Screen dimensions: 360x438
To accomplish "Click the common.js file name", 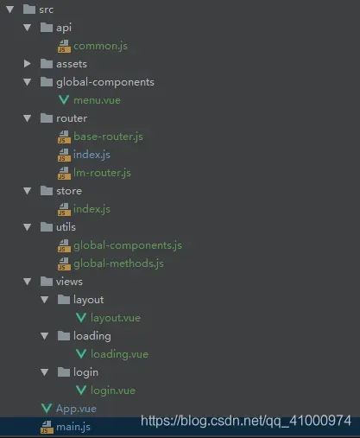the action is click(x=100, y=46).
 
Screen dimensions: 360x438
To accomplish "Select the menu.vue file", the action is click(x=97, y=100).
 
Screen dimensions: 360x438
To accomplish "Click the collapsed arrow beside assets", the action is click(x=28, y=64).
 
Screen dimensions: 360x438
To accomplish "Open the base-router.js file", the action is click(x=108, y=136).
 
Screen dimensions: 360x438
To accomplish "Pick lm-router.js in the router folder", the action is click(x=102, y=173).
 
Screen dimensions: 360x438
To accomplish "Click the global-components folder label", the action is click(x=105, y=82).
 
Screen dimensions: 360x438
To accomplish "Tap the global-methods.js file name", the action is click(x=118, y=263).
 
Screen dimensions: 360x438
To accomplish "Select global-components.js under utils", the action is click(x=128, y=245).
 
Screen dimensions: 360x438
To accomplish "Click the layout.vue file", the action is click(x=116, y=318).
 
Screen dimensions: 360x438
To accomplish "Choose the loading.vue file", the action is click(x=119, y=354).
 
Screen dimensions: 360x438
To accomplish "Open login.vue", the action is click(x=113, y=390).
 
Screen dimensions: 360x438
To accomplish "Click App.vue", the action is click(x=76, y=409).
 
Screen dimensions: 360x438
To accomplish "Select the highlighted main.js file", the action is click(x=73, y=427).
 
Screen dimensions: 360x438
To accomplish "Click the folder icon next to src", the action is click(x=29, y=10).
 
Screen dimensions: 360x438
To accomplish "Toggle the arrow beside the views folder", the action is click(x=28, y=282).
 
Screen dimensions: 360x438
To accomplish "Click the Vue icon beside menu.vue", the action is click(x=64, y=100).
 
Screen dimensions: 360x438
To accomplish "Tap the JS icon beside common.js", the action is click(x=64, y=46).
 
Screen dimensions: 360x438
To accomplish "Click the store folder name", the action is click(x=69, y=191).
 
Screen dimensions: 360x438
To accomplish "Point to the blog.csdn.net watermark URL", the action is click(x=246, y=421).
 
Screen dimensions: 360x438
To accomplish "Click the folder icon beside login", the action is click(x=64, y=372).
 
